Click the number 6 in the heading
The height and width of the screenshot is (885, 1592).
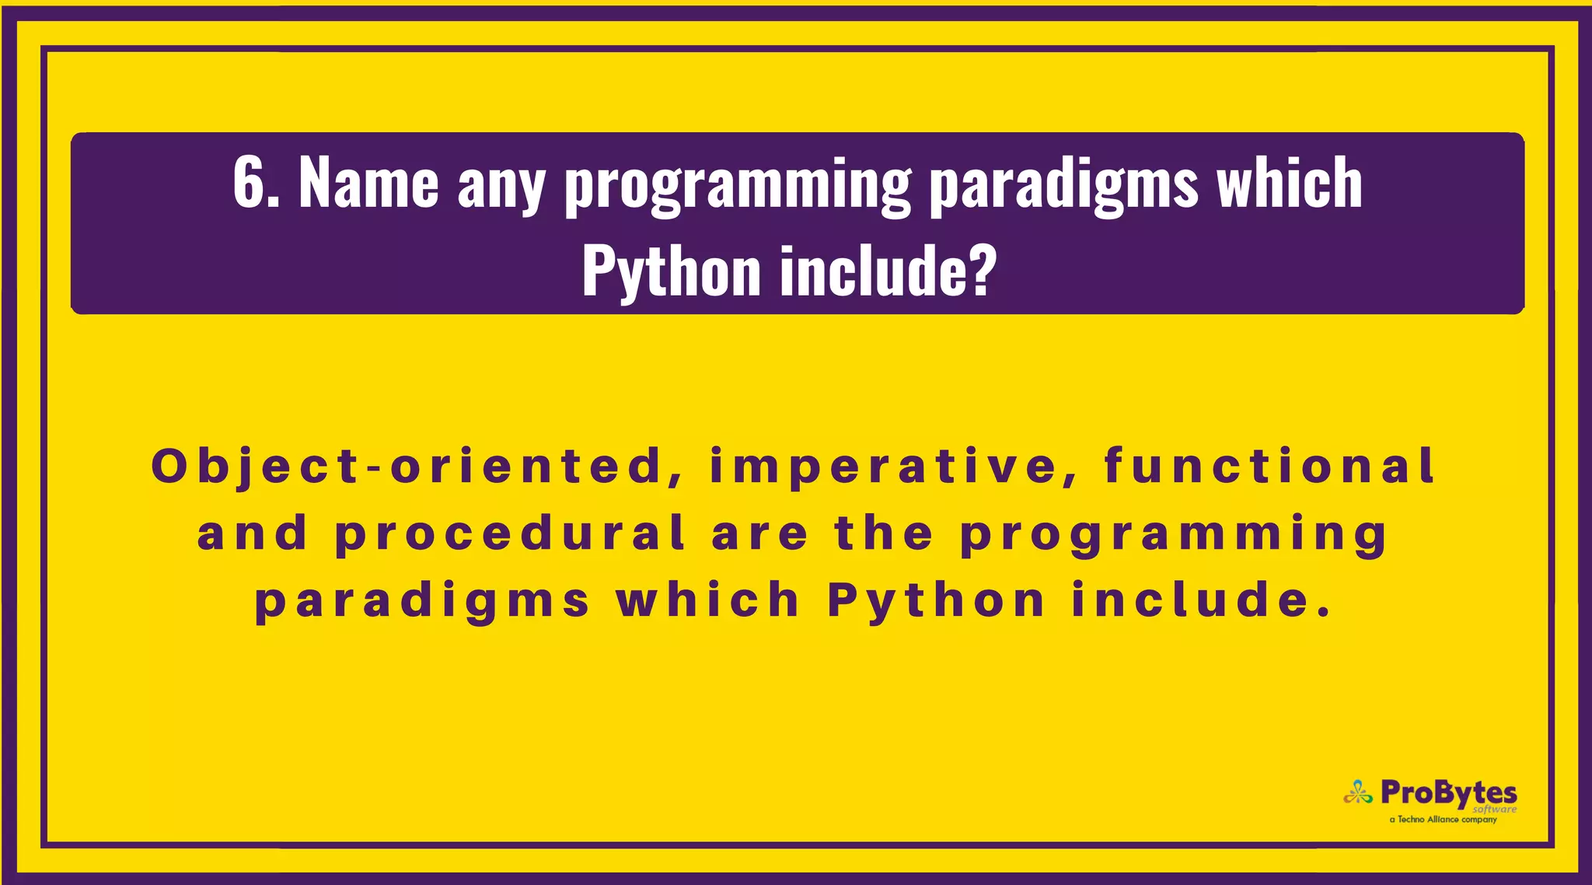(248, 184)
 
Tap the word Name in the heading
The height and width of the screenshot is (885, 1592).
(368, 184)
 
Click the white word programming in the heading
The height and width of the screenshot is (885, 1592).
(737, 187)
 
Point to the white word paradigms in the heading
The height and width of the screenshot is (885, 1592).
(1063, 187)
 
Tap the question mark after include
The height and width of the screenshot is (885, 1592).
(982, 271)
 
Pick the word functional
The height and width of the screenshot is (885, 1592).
(1269, 466)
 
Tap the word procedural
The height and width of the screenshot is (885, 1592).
(511, 535)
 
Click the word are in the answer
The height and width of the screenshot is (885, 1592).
(759, 535)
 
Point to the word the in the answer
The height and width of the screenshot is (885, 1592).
(883, 533)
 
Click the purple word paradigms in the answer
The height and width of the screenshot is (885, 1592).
(422, 602)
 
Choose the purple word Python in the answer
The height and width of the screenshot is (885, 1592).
(936, 602)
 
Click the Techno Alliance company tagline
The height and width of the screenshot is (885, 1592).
(1443, 820)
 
